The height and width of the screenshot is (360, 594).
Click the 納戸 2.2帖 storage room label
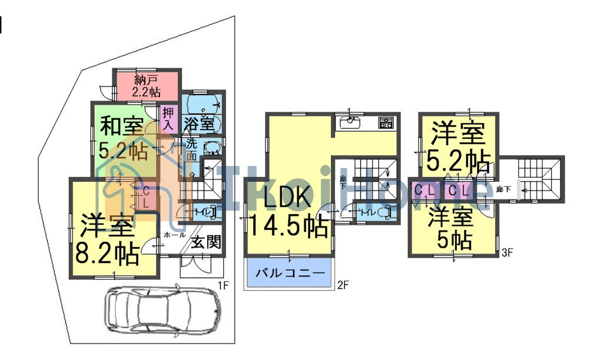[147, 85]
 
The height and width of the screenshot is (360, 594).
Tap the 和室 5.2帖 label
[123, 138]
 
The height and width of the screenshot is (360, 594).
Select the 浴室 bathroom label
[198, 124]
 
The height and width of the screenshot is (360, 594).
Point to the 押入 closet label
[168, 118]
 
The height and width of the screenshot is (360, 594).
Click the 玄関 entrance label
[207, 241]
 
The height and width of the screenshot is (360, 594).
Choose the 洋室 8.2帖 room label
[108, 238]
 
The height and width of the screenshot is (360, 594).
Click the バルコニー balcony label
[289, 274]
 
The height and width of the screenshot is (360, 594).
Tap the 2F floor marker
[343, 285]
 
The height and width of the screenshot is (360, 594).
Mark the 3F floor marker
[507, 254]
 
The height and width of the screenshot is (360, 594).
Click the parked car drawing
[162, 309]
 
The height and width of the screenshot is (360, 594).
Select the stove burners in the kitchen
[386, 123]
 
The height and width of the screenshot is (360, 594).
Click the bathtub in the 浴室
[202, 105]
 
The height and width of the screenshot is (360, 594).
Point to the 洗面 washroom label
[192, 149]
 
